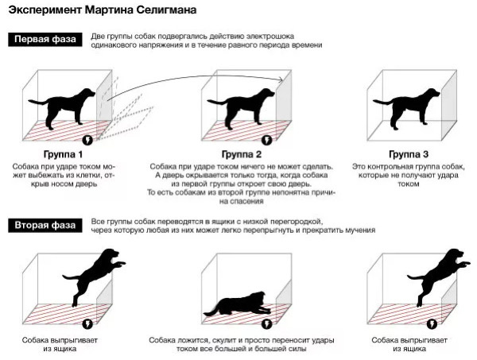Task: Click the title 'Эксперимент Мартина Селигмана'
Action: point(103,10)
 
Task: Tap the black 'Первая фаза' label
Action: point(45,40)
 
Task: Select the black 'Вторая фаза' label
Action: point(45,226)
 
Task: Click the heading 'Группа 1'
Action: point(63,154)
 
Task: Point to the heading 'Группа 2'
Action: point(242,154)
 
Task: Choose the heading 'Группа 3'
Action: point(409,154)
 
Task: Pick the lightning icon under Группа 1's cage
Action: point(87,140)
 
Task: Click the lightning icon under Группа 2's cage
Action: point(267,140)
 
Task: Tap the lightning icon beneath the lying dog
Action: point(267,323)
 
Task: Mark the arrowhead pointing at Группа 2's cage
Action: point(281,79)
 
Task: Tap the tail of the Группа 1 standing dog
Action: point(38,102)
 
